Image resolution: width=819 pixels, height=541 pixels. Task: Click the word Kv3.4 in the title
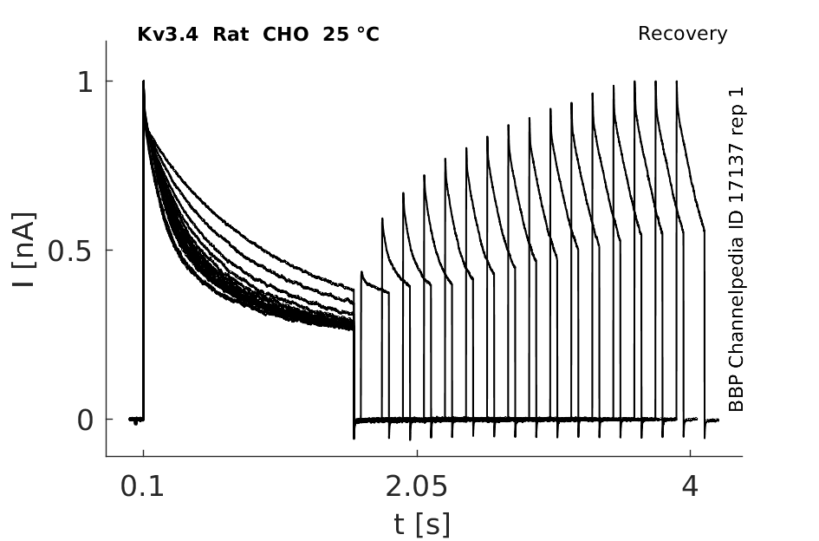[x=167, y=35]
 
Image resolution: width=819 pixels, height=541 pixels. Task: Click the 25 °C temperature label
[x=351, y=35]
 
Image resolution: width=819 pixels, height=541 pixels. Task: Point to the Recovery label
[x=682, y=34]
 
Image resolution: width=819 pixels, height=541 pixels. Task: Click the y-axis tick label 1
[x=85, y=82]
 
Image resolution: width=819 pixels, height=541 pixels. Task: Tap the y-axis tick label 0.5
[x=70, y=251]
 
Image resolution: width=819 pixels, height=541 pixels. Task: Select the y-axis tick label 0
[x=85, y=420]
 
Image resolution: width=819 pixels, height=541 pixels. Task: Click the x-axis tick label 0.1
[x=142, y=486]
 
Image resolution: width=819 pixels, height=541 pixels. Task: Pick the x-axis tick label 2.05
[x=416, y=486]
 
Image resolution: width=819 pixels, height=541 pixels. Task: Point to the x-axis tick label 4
[x=690, y=486]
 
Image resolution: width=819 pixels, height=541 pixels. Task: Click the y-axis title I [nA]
[x=24, y=250]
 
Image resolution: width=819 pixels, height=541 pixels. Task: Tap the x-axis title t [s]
[x=421, y=525]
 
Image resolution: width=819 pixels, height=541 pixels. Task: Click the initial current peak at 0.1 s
[x=144, y=81]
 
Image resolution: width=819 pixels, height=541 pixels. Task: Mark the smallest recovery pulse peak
[x=361, y=272]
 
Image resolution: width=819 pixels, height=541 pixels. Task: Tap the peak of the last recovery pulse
[x=677, y=81]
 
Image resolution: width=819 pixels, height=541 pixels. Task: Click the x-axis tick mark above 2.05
[x=417, y=453]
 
